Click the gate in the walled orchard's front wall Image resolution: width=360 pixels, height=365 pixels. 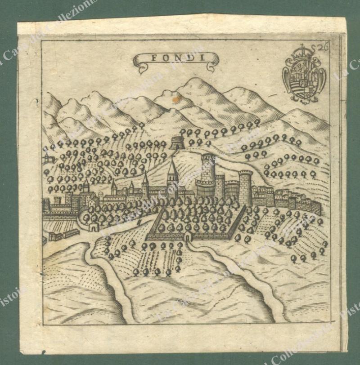point(188,236)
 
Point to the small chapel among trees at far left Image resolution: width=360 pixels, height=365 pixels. point(47,157)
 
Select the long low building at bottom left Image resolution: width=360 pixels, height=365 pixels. point(63,234)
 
